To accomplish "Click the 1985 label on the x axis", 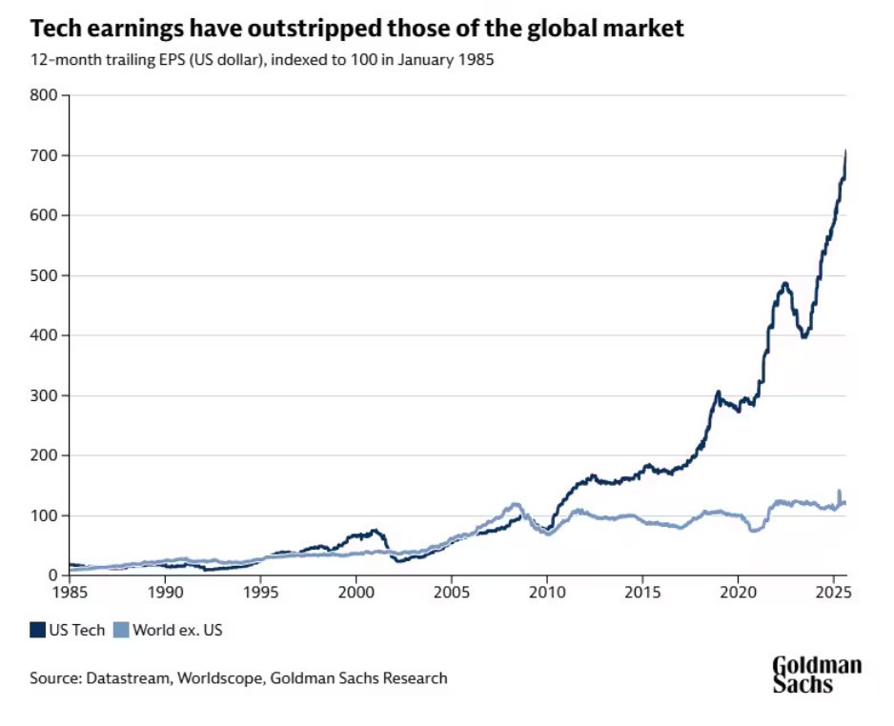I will (x=69, y=592).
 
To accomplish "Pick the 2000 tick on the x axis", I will (x=356, y=592).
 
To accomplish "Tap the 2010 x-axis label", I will (x=547, y=592).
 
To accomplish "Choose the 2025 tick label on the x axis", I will (x=833, y=592).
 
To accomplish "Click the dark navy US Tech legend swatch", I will (x=38, y=630).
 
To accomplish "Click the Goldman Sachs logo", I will (x=816, y=674).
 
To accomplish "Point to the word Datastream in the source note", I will (x=124, y=678).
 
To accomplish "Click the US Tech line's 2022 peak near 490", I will (x=784, y=283).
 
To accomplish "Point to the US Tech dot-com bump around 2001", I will (x=375, y=530).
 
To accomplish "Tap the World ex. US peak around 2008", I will (x=516, y=503).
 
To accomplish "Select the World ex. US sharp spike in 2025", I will (x=839, y=491).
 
